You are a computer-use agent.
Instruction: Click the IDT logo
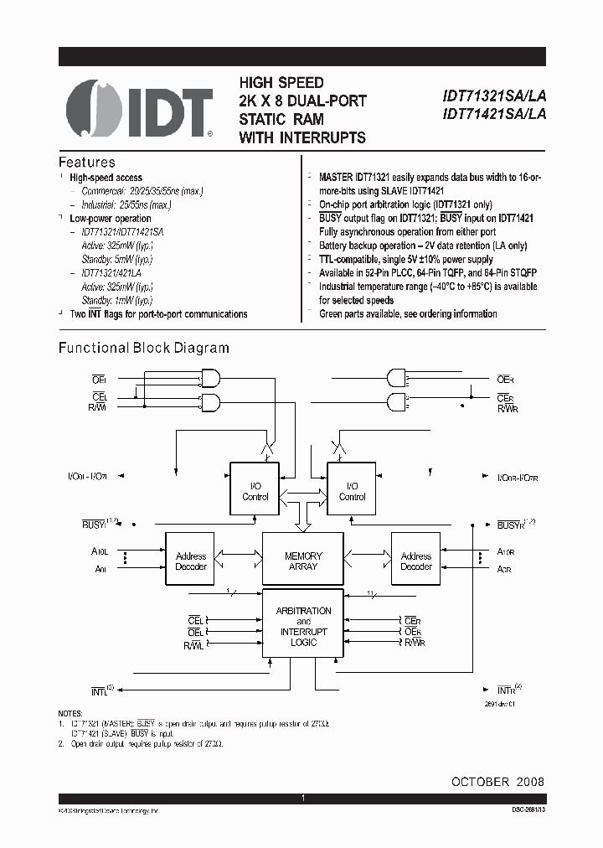(139, 109)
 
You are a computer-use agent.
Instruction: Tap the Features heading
(86, 163)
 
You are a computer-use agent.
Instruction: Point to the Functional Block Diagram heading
(143, 348)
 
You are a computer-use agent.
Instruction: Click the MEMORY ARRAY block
(303, 561)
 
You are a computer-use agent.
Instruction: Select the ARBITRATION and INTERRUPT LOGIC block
(303, 627)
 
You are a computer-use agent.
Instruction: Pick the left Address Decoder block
(191, 561)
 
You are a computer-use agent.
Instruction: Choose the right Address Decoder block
(415, 561)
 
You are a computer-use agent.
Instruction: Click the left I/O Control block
(255, 491)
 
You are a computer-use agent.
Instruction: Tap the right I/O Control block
(352, 491)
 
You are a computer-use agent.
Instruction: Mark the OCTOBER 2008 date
(497, 781)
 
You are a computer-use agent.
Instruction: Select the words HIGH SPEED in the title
(281, 83)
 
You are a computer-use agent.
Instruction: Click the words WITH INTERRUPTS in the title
(302, 137)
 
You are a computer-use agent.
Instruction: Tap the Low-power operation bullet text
(111, 219)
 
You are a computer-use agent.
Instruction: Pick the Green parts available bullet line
(408, 314)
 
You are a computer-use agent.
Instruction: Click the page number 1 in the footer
(302, 799)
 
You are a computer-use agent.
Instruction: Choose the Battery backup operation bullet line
(423, 246)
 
